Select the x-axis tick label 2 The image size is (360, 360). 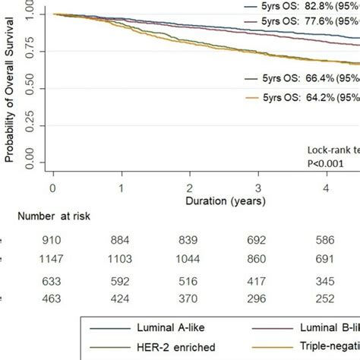(x=189, y=188)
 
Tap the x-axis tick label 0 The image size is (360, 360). (x=52, y=188)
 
